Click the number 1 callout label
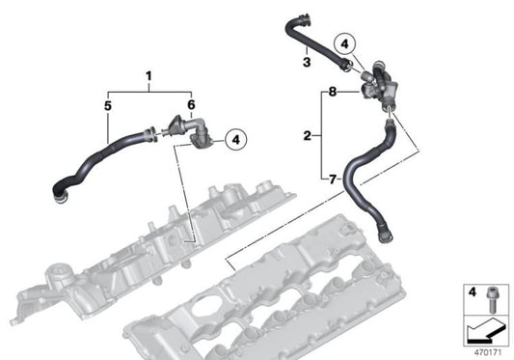pyautogui.click(x=149, y=75)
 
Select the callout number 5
pyautogui.click(x=108, y=103)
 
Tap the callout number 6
pyautogui.click(x=191, y=103)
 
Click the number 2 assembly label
pyautogui.click(x=307, y=136)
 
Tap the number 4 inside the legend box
pyautogui.click(x=472, y=291)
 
